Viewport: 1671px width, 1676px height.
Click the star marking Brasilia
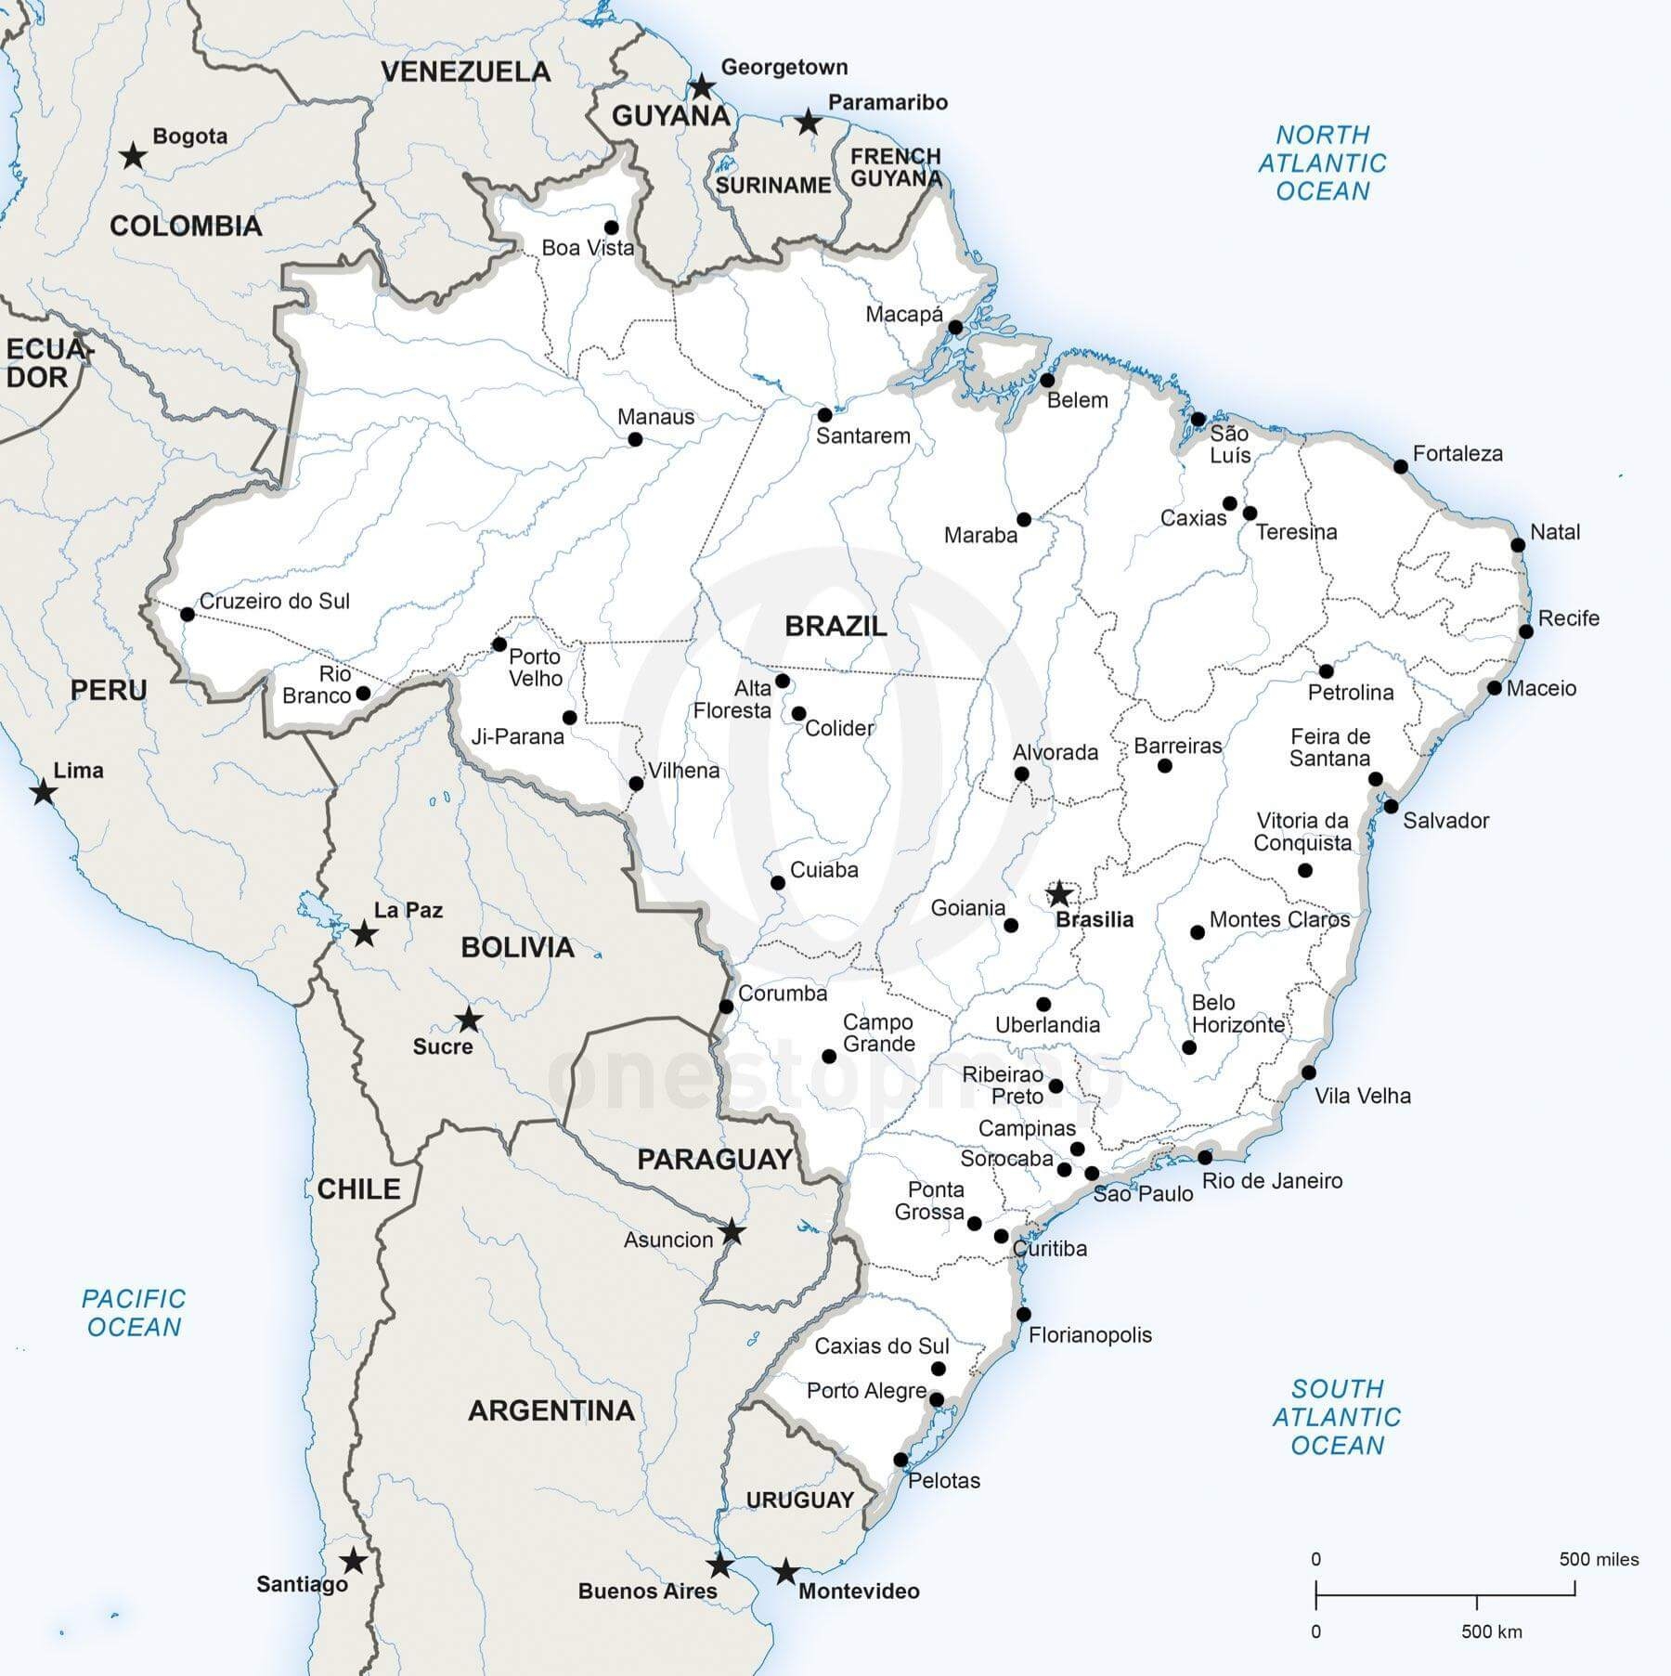click(1059, 894)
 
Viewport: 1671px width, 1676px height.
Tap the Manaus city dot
click(635, 439)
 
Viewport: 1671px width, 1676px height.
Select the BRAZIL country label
click(835, 626)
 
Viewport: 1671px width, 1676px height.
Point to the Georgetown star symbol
click(703, 88)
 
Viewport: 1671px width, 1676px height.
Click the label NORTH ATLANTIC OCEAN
click(1322, 163)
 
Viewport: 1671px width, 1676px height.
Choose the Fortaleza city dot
click(1401, 466)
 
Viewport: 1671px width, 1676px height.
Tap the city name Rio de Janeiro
click(1272, 1181)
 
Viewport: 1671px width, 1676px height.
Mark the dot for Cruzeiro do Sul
click(188, 614)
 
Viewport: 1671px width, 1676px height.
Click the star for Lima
click(43, 793)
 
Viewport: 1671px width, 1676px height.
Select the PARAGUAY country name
click(714, 1159)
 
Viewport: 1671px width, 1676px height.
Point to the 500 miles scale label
click(1599, 1559)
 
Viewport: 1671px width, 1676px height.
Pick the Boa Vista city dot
click(611, 227)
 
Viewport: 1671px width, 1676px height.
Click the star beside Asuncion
click(732, 1232)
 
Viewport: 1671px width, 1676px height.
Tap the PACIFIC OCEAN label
click(134, 1312)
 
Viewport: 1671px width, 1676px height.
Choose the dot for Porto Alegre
click(937, 1399)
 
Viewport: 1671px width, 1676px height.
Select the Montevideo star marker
click(785, 1572)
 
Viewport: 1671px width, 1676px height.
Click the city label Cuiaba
click(823, 870)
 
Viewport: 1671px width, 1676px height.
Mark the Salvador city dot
click(1391, 806)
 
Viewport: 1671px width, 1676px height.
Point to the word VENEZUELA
click(465, 71)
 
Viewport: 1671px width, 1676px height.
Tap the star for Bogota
click(134, 156)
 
